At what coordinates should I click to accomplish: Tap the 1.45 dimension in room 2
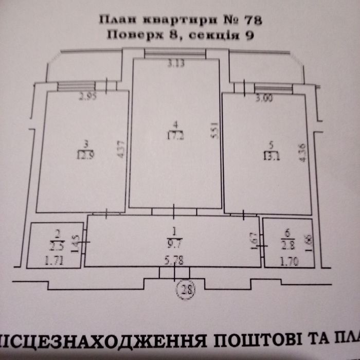coord(75,240)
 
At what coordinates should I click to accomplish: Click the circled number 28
coord(183,290)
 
